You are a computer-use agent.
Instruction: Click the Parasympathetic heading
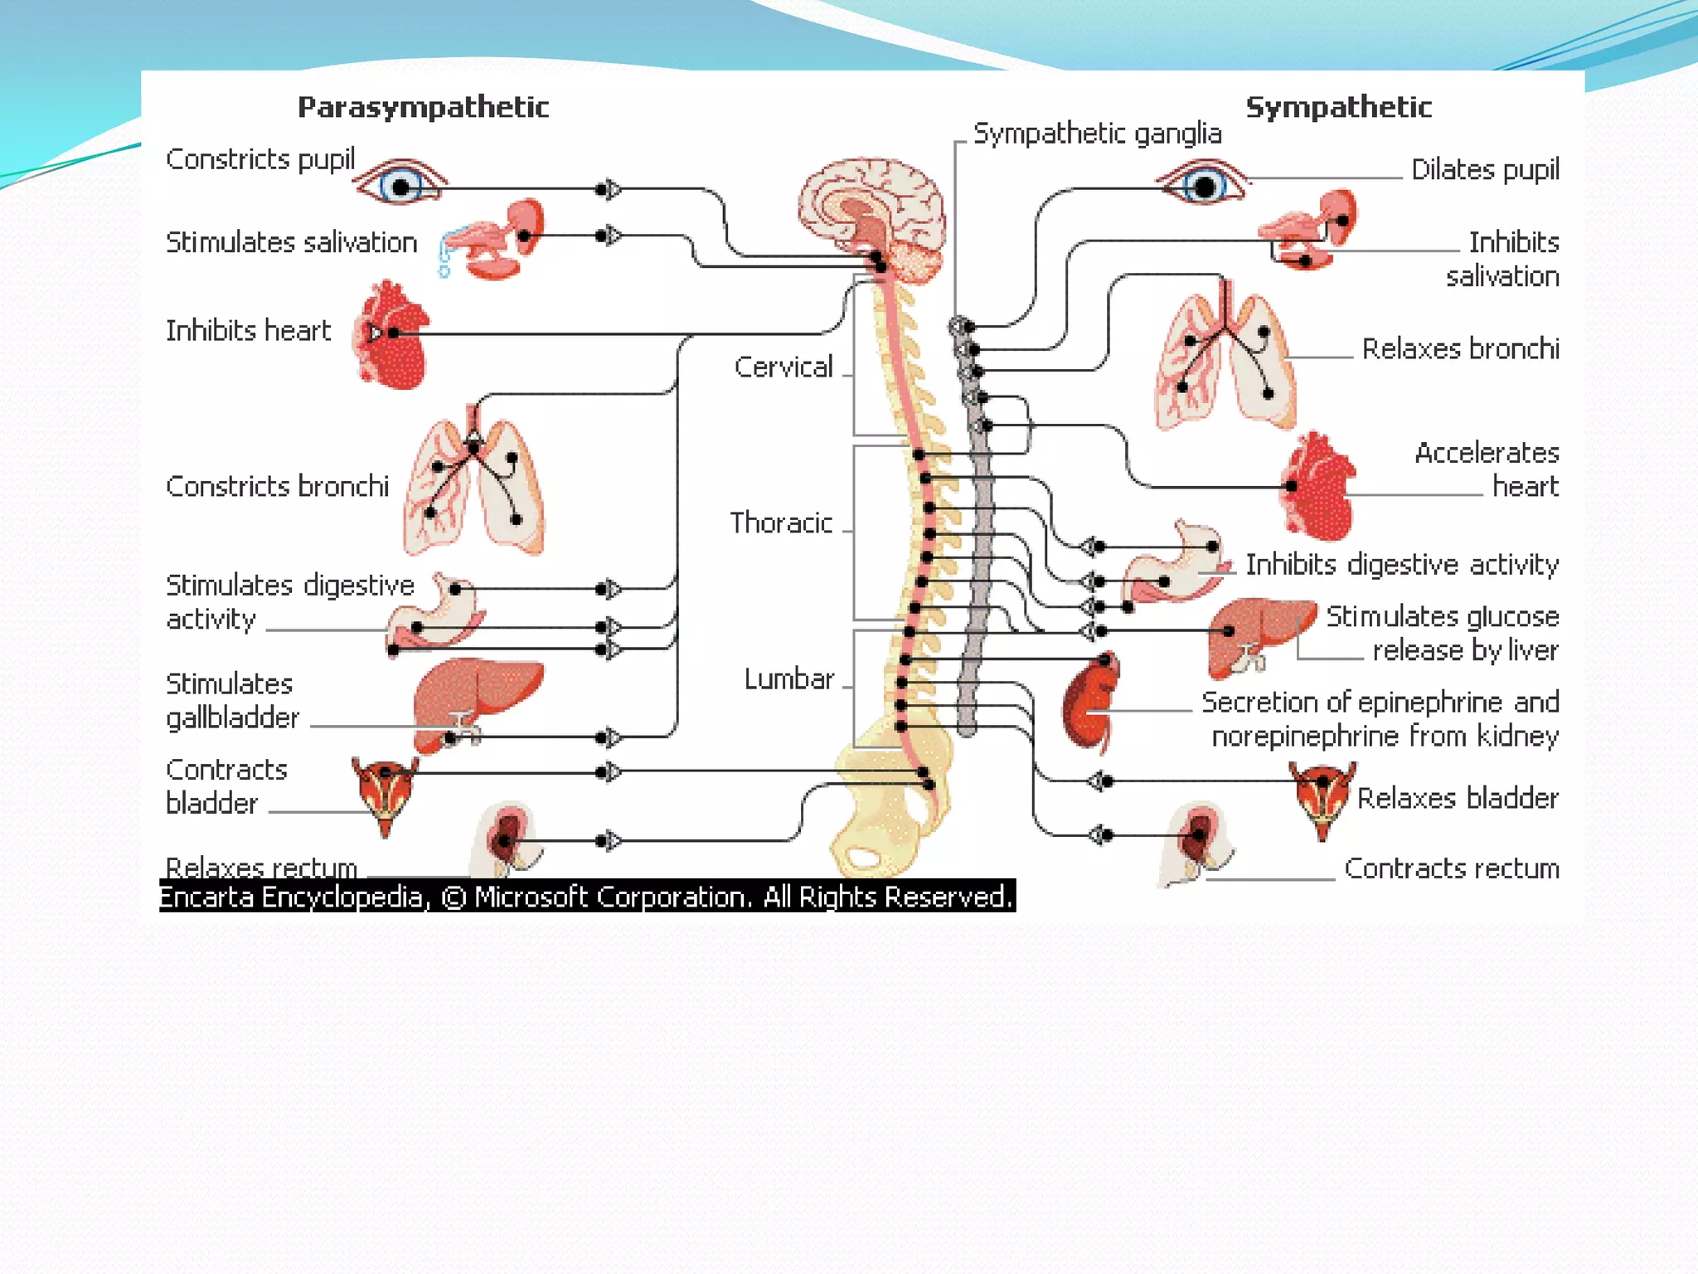coord(423,107)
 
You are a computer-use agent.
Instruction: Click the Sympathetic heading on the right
coord(1338,107)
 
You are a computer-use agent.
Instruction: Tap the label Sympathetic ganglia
coord(1097,134)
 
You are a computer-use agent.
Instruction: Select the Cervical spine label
coord(784,367)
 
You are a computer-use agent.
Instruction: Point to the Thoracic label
coord(781,523)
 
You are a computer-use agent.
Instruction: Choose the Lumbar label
coord(788,678)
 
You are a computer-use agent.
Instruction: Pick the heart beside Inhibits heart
coord(391,336)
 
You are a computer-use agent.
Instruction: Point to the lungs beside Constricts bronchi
coord(473,485)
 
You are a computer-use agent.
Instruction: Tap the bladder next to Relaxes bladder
coord(1322,796)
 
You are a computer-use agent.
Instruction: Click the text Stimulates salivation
coord(291,242)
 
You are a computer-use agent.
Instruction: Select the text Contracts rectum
coord(1451,868)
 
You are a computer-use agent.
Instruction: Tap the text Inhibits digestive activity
coord(1401,565)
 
